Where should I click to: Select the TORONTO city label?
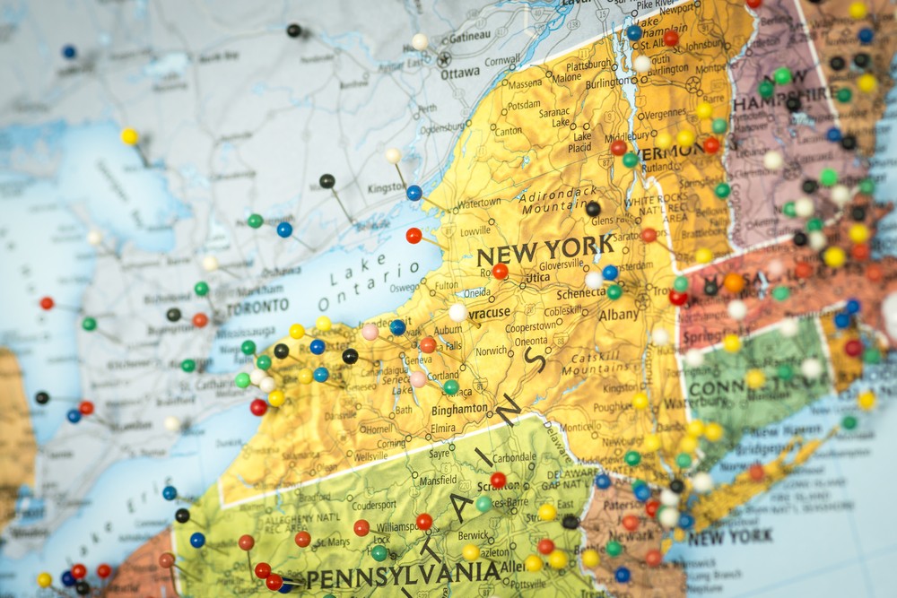click(257, 307)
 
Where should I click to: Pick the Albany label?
click(618, 315)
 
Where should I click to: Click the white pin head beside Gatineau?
click(419, 41)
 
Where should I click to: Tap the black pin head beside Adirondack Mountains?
click(592, 209)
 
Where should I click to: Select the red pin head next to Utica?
click(500, 271)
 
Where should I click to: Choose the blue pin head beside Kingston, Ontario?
click(414, 192)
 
